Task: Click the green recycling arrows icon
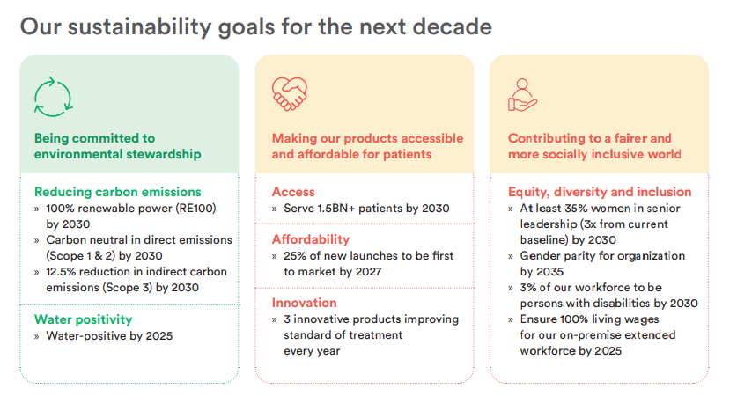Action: (x=53, y=97)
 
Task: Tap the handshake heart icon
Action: (x=290, y=93)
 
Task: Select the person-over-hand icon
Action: (x=522, y=95)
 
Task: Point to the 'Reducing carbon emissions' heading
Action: (x=117, y=192)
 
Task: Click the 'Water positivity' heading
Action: (x=83, y=319)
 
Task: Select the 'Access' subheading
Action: (x=293, y=192)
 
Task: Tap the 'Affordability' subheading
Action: (x=311, y=239)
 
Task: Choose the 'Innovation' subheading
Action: (x=304, y=303)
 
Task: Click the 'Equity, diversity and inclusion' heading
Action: (x=600, y=192)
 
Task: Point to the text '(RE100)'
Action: (x=196, y=208)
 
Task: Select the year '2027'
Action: (x=368, y=272)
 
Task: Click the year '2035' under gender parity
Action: (x=549, y=272)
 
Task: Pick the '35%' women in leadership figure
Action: (x=576, y=208)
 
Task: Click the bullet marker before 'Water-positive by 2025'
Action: (x=37, y=336)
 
